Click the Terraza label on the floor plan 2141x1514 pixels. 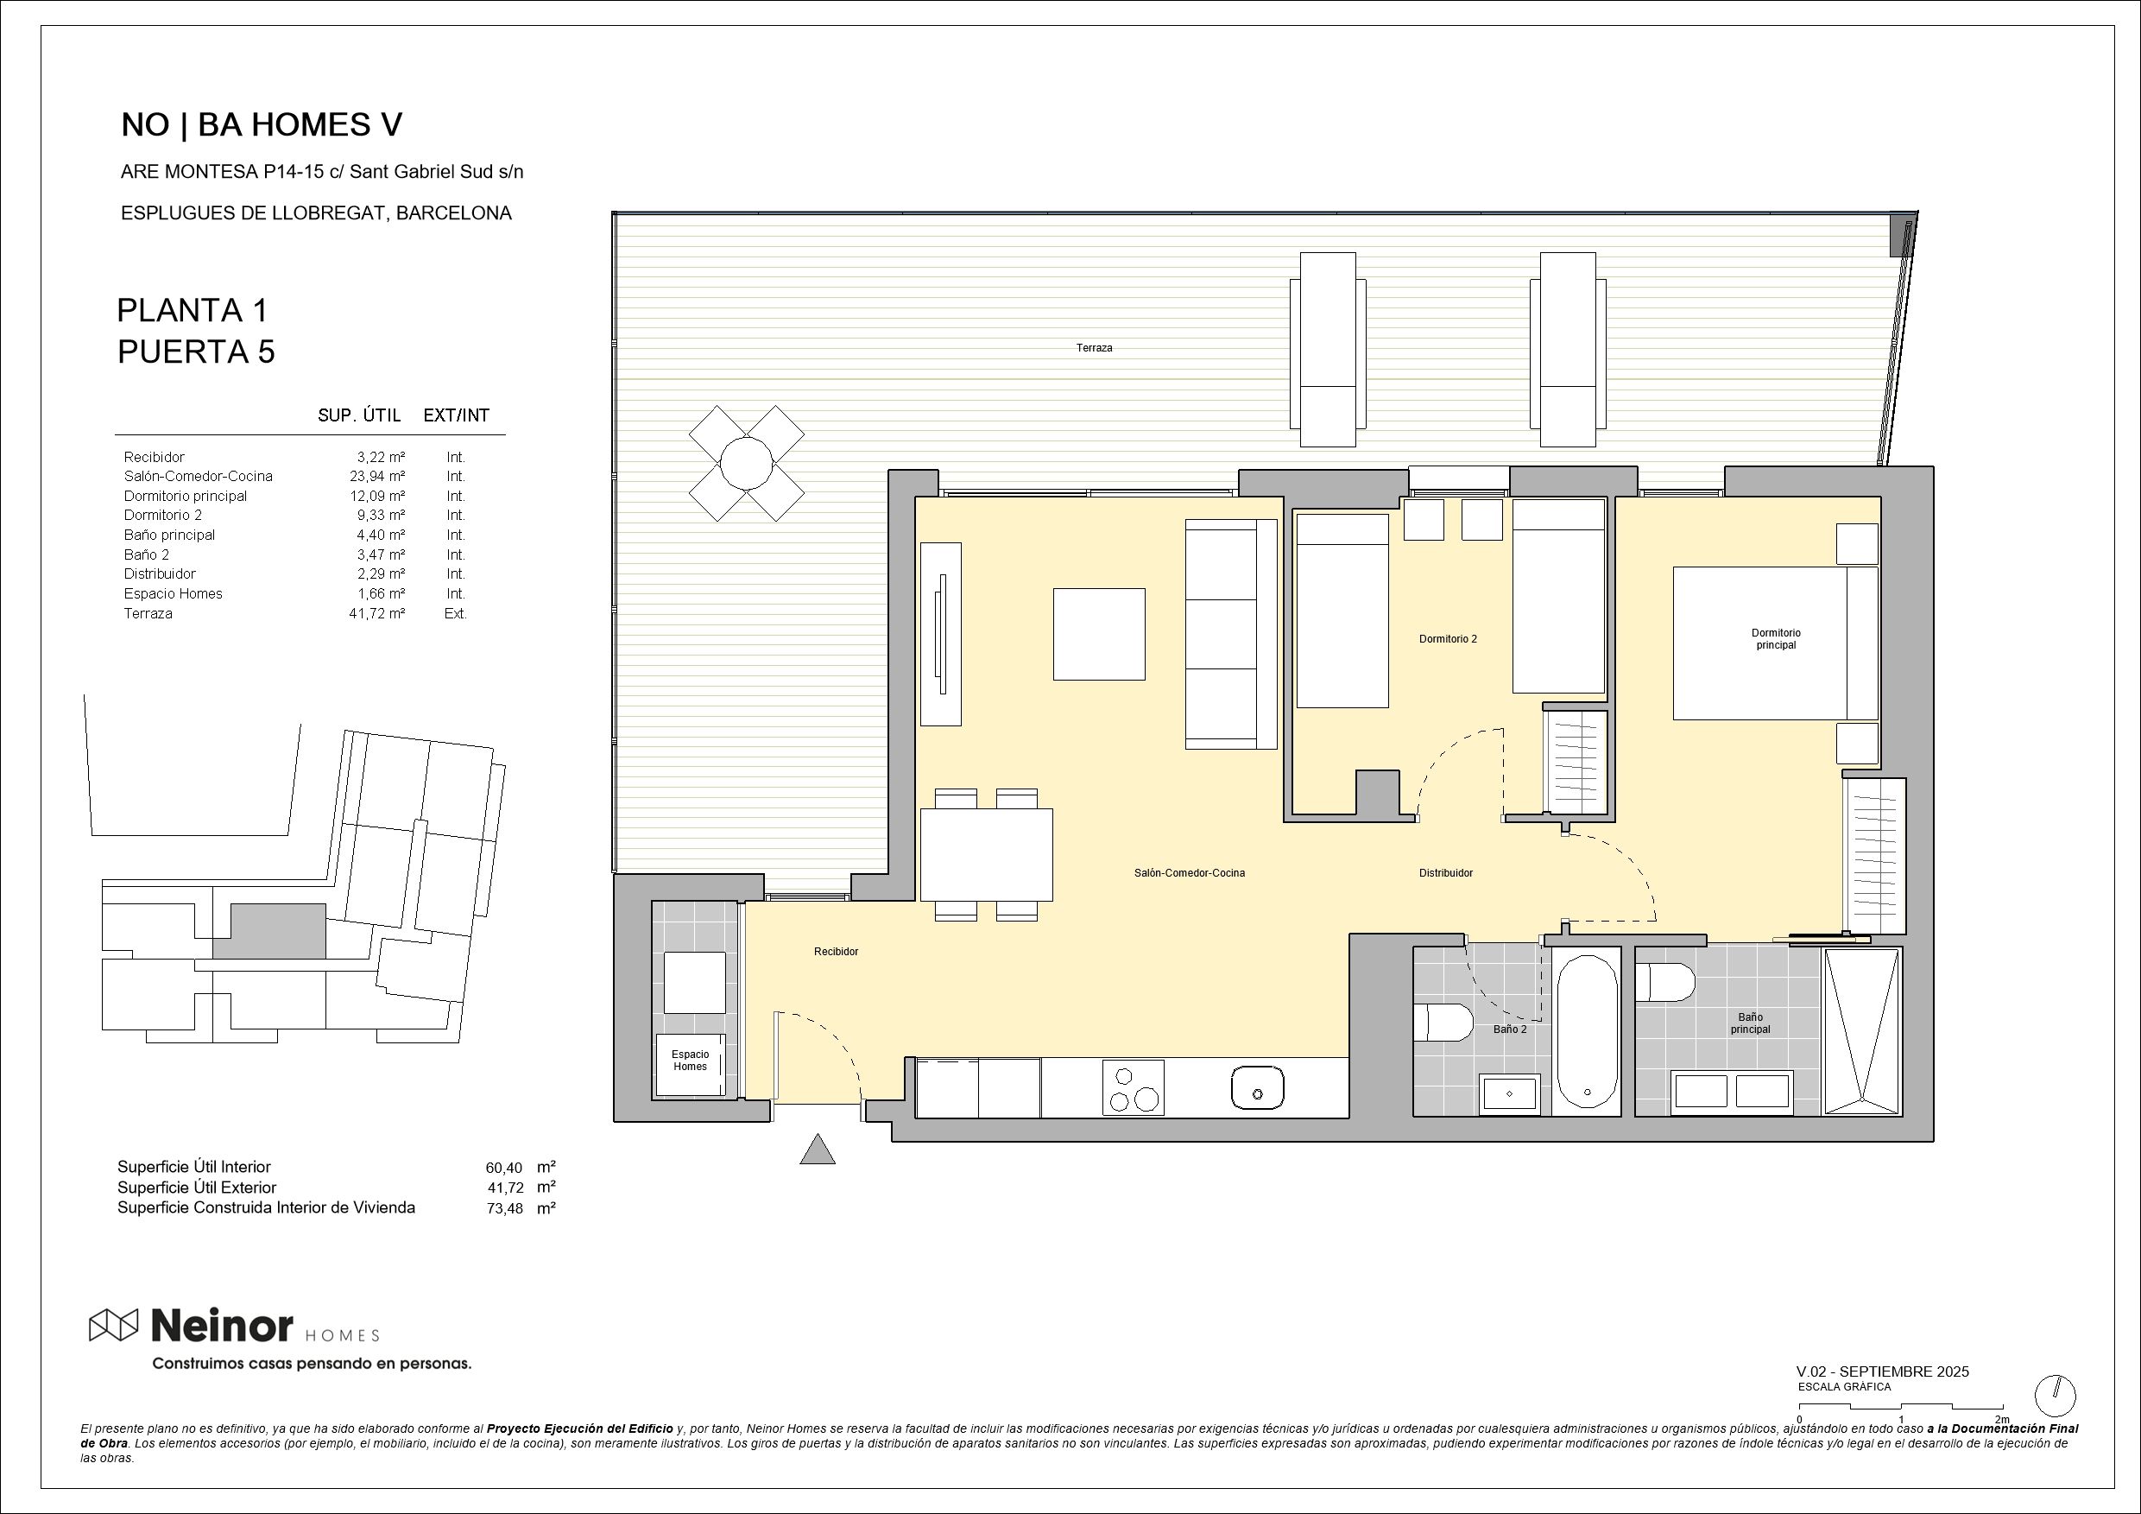1094,348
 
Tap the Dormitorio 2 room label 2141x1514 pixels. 1447,639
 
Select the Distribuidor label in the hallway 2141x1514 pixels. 1445,873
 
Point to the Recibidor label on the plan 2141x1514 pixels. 836,952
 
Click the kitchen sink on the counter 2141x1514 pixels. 1257,1087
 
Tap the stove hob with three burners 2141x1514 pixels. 1133,1086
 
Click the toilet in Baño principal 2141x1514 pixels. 1664,982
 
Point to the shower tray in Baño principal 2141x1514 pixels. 1861,1031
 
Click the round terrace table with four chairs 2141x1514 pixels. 746,463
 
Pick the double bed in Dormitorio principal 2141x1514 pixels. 1775,643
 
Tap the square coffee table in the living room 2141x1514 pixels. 1098,634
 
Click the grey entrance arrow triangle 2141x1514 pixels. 818,1150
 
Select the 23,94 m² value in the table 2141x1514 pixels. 376,477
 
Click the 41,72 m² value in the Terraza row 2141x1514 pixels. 376,614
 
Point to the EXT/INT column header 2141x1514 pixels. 456,415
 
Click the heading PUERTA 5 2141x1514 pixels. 196,352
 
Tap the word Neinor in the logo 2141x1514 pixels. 222,1325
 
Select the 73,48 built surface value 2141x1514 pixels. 503,1208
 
